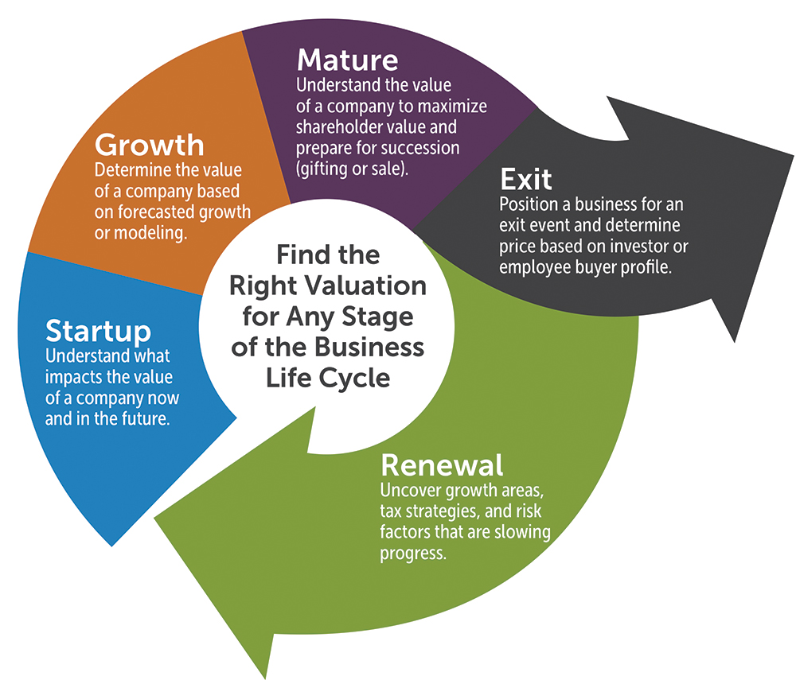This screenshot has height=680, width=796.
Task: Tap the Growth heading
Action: pyautogui.click(x=149, y=146)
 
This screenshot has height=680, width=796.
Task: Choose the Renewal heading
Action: pyautogui.click(x=442, y=464)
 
